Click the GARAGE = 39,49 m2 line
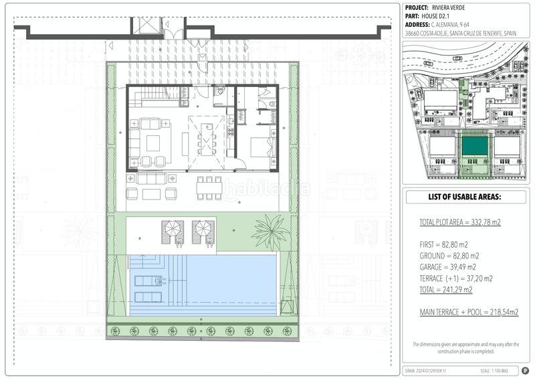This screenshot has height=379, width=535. pos(449,267)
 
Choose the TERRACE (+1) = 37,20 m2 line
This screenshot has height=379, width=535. pos(456,279)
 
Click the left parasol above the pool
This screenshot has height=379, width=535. pos(173,230)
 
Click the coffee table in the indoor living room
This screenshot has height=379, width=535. pos(153,143)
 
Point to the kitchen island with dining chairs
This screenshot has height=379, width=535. pos(207,141)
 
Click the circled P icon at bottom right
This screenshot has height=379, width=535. pos(524,370)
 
